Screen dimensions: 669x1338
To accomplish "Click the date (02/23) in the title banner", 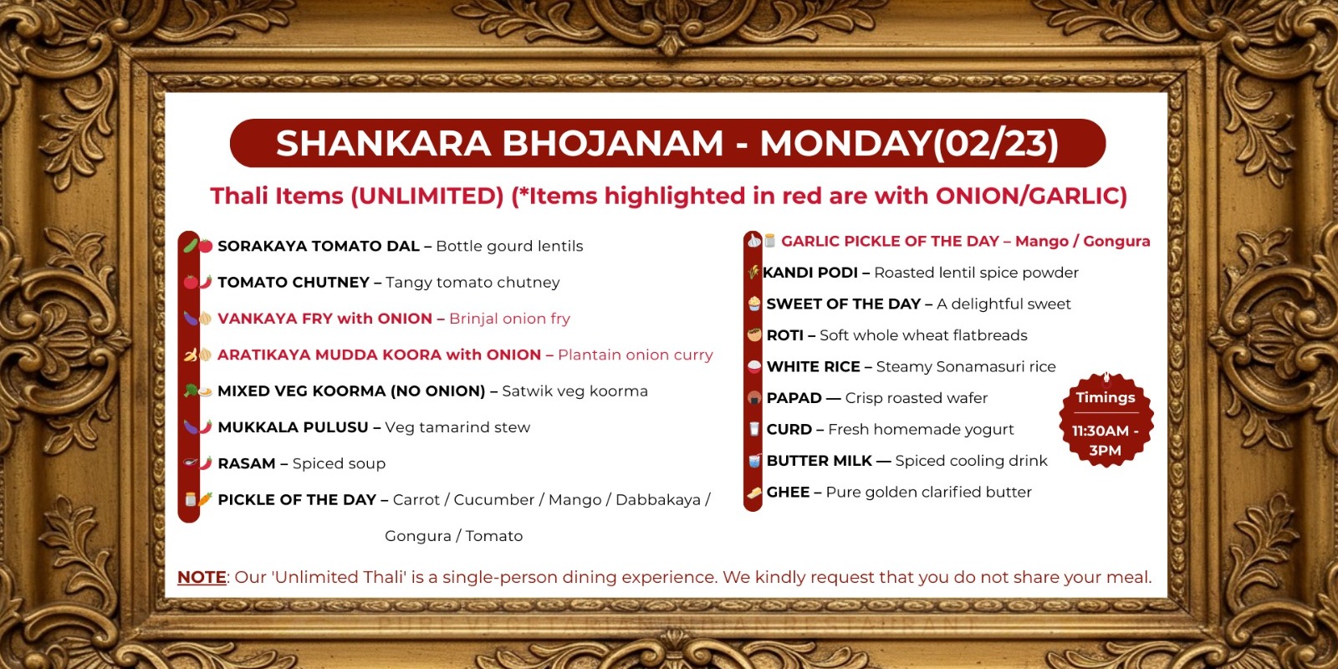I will pos(996,144).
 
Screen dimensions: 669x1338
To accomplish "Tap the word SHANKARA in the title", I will pos(383,144).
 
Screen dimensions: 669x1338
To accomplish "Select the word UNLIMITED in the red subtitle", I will pos(426,196).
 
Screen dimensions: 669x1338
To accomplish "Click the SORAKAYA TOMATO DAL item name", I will pos(319,246).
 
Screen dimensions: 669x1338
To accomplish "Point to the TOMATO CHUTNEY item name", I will pos(294,283).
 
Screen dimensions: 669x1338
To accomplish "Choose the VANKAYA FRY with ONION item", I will pos(324,319).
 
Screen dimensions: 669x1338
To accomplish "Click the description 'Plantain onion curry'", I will pos(636,355).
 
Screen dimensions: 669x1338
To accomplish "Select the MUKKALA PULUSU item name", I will pos(293,427).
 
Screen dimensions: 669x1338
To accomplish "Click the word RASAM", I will pos(246,463).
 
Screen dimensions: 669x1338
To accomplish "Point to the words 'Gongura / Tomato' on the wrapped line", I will pos(453,536).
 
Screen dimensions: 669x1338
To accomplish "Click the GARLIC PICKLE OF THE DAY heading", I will pos(890,242).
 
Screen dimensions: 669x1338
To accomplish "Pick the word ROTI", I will pos(784,335).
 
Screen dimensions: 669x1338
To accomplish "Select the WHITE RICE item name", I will pos(813,367).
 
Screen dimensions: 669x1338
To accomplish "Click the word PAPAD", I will pos(794,398).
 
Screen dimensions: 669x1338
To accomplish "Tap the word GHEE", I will pos(788,493).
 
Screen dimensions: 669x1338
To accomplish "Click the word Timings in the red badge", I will pos(1105,397).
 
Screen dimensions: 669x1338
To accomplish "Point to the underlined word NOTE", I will pos(202,577).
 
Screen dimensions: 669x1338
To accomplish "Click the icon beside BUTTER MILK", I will pos(754,461).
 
